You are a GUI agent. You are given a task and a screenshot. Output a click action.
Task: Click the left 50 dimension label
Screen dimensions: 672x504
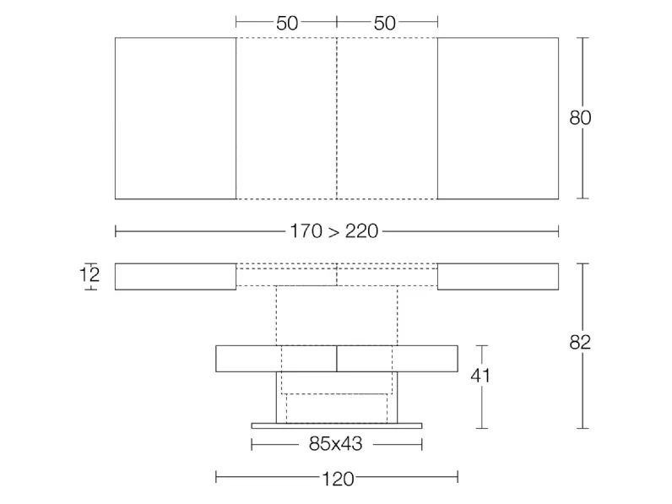click(287, 23)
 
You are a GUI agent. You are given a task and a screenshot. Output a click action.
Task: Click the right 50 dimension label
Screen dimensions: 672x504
click(384, 23)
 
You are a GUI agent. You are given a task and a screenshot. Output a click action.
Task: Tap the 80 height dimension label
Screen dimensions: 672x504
click(580, 118)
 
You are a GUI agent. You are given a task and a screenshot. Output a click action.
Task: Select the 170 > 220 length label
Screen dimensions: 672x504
click(334, 231)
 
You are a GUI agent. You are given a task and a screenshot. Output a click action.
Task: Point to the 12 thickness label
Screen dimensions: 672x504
click(89, 274)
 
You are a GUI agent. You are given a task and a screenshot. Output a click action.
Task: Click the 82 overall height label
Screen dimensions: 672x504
click(580, 342)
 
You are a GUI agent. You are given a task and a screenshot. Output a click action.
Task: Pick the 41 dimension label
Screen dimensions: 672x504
click(480, 376)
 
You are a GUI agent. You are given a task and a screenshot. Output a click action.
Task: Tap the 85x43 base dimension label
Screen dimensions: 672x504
click(335, 444)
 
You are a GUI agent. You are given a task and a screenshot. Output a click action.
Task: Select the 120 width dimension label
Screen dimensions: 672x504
click(338, 479)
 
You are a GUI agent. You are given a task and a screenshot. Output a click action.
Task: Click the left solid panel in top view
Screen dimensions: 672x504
click(176, 118)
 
